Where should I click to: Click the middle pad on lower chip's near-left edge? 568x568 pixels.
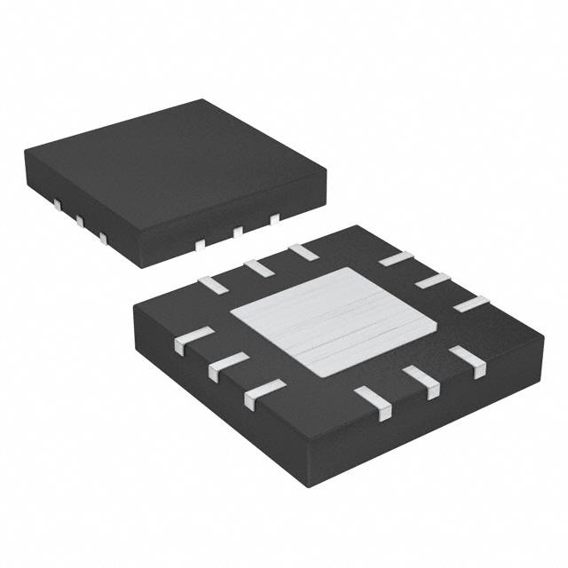(x=229, y=364)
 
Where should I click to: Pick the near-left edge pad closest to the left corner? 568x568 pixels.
(x=193, y=340)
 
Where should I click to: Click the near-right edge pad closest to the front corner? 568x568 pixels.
(x=374, y=403)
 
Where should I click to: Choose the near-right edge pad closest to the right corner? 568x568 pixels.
(x=467, y=360)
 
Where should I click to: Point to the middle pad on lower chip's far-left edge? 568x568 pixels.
(x=258, y=265)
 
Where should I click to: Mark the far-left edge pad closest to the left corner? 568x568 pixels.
(x=214, y=283)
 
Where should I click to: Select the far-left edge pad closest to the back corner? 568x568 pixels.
(x=304, y=251)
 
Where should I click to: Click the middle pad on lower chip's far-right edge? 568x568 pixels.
(x=432, y=280)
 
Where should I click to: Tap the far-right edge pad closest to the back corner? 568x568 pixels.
(x=395, y=258)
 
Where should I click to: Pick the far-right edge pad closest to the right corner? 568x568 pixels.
(x=471, y=302)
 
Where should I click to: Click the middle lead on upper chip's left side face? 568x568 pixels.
(x=78, y=220)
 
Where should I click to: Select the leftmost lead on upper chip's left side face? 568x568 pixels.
(x=55, y=205)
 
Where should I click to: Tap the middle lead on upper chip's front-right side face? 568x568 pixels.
(x=238, y=232)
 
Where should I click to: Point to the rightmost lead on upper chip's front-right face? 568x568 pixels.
(x=274, y=217)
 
